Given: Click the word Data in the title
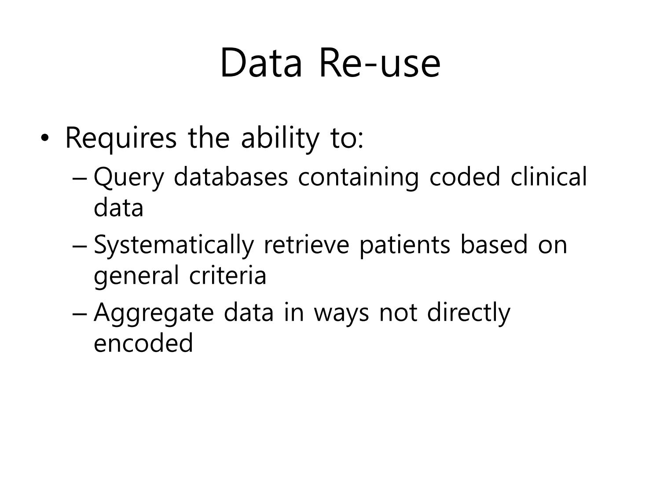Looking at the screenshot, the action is click(x=261, y=63).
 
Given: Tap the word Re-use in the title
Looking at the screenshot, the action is click(x=380, y=63).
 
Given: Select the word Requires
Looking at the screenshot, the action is click(x=121, y=139).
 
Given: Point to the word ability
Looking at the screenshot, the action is click(x=280, y=139).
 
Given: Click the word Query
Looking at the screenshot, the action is click(x=129, y=178).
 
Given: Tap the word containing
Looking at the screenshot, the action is click(x=359, y=178).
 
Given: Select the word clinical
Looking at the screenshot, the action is click(x=549, y=177).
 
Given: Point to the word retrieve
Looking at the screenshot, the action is click(x=306, y=245).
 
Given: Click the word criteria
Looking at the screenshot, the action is click(x=227, y=275).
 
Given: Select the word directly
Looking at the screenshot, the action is click(x=469, y=313).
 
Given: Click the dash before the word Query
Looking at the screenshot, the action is click(x=80, y=180).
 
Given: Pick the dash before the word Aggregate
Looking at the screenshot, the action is click(x=80, y=315).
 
